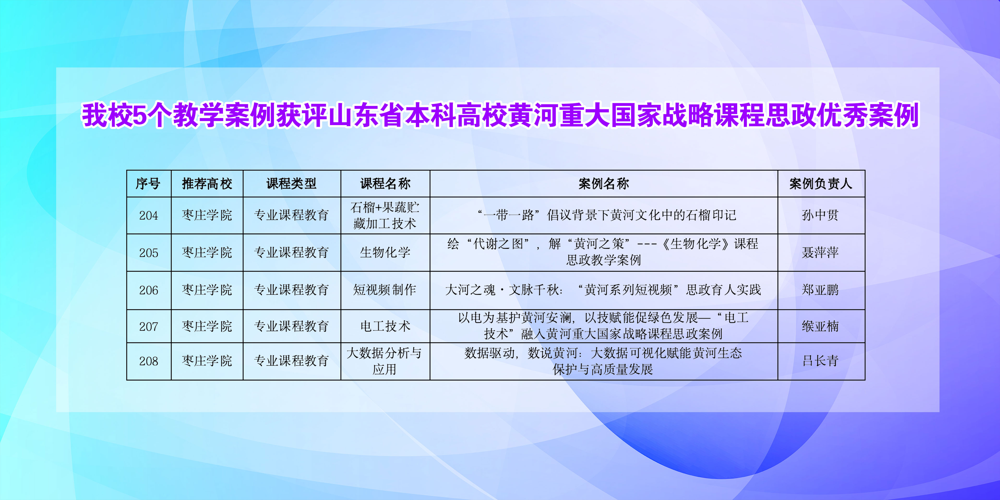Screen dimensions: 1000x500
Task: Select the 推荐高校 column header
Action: point(207,184)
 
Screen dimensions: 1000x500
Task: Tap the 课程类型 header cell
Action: point(292,184)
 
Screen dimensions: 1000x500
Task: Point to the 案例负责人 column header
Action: point(821,184)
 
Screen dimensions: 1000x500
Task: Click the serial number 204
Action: point(149,216)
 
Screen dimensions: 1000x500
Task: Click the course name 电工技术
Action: point(385,326)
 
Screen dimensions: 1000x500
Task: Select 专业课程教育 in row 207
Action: point(292,326)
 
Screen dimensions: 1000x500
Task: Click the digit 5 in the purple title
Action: point(139,115)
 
